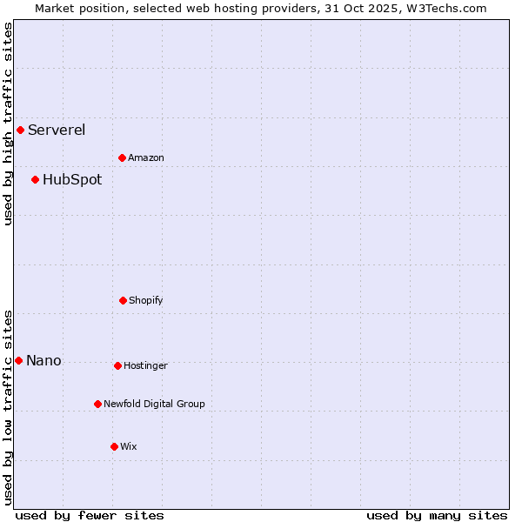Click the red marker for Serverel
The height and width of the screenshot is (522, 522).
coord(20,130)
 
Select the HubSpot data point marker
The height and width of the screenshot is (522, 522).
coord(35,180)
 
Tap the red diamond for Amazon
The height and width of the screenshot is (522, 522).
coord(122,157)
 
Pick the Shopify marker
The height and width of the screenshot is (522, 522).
coord(123,300)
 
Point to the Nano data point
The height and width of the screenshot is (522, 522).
coord(18,360)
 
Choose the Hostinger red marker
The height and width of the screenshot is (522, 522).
coord(117,365)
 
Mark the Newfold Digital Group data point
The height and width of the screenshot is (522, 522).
coord(97,404)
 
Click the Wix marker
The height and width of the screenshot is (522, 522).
coord(114,446)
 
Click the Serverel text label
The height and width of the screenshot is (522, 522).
coord(57,130)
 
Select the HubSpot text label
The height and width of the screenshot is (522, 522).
coord(72,180)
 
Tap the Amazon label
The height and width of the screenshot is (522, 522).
coord(146,158)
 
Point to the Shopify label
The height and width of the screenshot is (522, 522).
coord(146,301)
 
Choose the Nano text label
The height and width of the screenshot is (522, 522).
coord(43,361)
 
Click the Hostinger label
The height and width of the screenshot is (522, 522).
coord(145,366)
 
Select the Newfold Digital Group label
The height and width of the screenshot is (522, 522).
coord(154,405)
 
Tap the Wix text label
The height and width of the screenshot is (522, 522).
coord(129,447)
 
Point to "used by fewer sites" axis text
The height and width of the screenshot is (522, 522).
coord(90,515)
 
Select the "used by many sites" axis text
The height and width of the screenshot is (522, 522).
coord(437,515)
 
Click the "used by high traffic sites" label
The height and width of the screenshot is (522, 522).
coord(8,124)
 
